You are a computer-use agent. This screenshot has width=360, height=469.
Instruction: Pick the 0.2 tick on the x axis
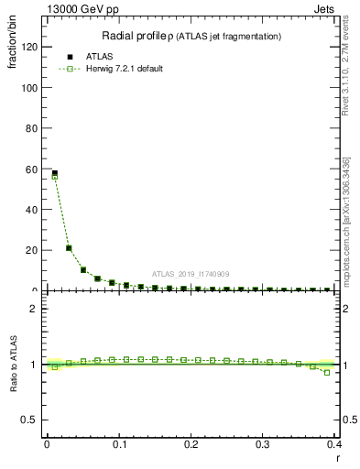click(191, 443)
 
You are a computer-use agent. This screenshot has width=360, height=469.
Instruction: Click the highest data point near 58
click(54, 173)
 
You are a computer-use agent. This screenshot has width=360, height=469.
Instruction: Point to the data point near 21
click(69, 248)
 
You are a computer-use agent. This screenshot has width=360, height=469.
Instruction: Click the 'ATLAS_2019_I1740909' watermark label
click(191, 274)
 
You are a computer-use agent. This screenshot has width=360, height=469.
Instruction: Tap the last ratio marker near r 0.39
click(327, 372)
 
